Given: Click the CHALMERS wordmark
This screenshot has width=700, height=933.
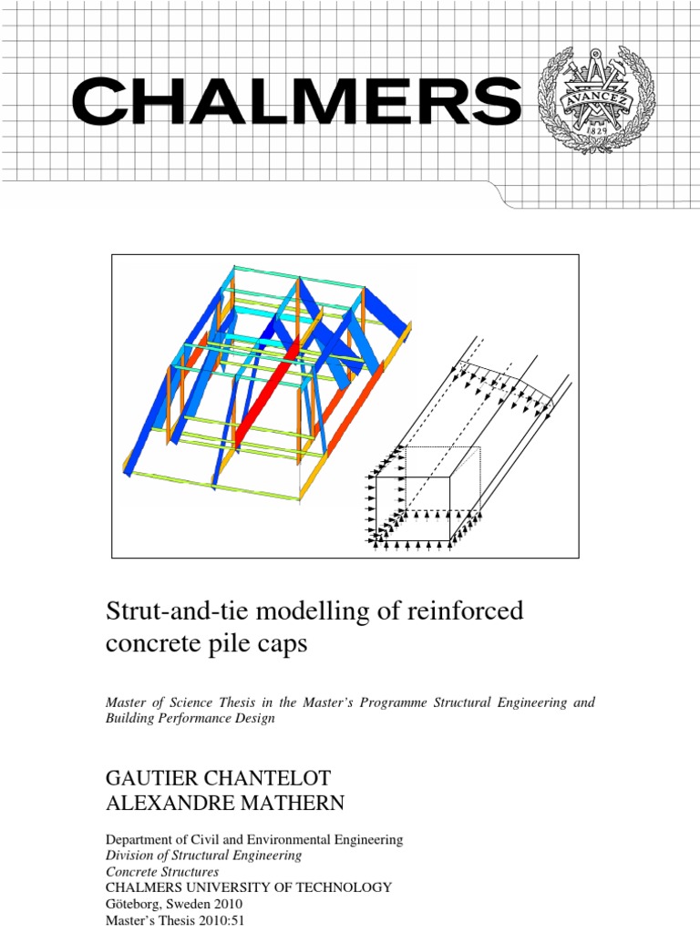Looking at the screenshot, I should pos(296,102).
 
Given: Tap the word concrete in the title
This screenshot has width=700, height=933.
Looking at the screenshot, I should pos(150,644).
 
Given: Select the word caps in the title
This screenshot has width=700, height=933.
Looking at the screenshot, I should pos(284,644).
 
